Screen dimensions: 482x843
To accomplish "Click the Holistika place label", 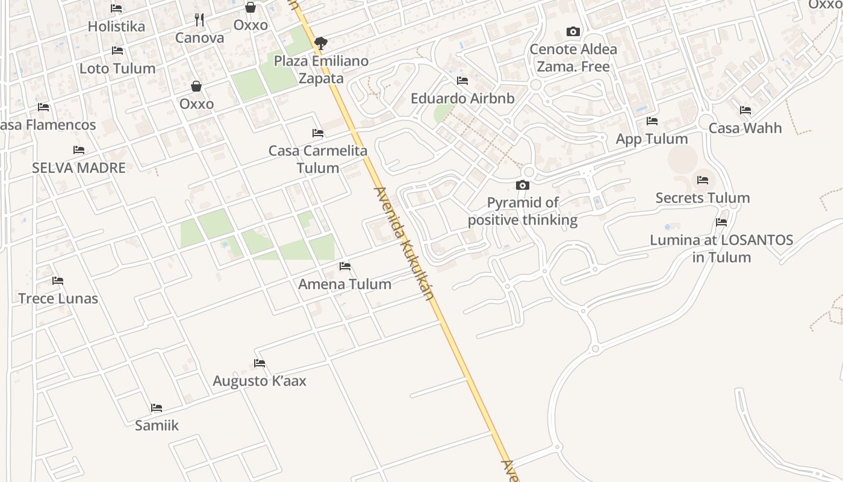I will click(116, 27).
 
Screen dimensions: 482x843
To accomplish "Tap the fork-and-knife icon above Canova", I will click(199, 20).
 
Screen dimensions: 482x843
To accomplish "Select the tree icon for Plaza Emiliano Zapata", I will click(321, 43).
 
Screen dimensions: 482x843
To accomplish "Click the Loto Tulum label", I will click(117, 68).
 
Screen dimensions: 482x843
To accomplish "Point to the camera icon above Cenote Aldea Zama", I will click(573, 31).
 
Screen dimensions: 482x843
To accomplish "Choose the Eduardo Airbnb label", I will click(462, 98).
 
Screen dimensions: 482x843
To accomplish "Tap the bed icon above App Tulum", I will click(652, 121).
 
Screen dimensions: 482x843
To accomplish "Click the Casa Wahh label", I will click(745, 128).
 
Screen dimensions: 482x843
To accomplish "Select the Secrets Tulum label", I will click(702, 198).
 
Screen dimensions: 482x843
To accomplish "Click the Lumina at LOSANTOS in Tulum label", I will click(721, 248).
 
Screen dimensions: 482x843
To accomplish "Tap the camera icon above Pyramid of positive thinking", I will click(523, 185).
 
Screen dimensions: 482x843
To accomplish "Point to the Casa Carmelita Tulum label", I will click(318, 159).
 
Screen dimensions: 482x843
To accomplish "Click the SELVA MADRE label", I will click(79, 167).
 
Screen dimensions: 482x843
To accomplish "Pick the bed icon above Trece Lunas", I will click(58, 281).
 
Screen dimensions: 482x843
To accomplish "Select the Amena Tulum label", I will click(345, 284).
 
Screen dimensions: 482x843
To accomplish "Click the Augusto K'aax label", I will click(260, 381).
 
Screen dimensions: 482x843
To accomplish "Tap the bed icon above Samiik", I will click(157, 408).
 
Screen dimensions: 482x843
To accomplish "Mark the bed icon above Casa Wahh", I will click(745, 110).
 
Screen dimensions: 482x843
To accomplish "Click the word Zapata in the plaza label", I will click(321, 78).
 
